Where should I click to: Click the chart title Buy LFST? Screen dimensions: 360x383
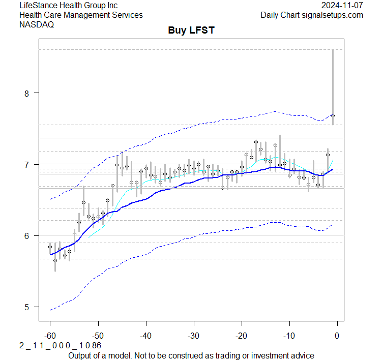(191, 31)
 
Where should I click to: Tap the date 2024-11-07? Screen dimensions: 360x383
(342, 5)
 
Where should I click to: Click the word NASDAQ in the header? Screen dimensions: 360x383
(37, 24)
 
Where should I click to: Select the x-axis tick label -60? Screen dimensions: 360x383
(50, 336)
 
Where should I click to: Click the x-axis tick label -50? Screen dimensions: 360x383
(98, 336)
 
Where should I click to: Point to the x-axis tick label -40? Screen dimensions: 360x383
(145, 336)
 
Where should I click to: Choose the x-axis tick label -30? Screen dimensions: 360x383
(193, 336)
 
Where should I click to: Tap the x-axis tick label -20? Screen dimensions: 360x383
(241, 336)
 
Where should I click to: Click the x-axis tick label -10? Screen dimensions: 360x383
(289, 336)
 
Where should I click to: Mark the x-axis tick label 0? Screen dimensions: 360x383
(337, 336)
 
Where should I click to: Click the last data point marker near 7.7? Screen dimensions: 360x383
(333, 115)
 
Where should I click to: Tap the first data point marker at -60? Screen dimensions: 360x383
(50, 246)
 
